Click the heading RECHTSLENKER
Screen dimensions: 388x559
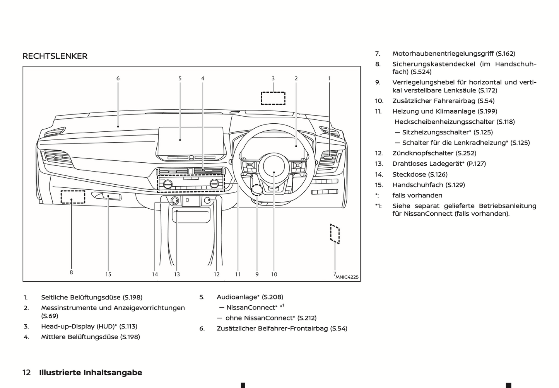pos(55,56)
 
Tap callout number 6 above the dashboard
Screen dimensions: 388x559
pos(118,78)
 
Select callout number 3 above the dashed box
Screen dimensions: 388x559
pos(273,78)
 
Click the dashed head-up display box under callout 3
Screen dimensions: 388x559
pos(273,98)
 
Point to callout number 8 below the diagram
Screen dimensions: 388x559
pos(71,272)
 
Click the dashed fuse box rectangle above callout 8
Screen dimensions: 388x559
pos(73,197)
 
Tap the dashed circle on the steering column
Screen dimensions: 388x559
pos(257,190)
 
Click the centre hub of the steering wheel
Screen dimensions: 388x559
pos(274,166)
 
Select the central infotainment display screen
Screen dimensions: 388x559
pos(190,140)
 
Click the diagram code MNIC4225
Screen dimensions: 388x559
pos(347,277)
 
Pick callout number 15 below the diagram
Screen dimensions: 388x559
pos(108,274)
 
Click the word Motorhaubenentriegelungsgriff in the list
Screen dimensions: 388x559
pos(443,54)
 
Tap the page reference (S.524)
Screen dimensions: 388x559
pos(421,72)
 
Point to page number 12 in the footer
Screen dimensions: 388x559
pos(27,373)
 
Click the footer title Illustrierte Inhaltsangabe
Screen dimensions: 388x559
pos(91,373)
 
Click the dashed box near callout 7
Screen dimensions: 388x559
pos(335,234)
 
